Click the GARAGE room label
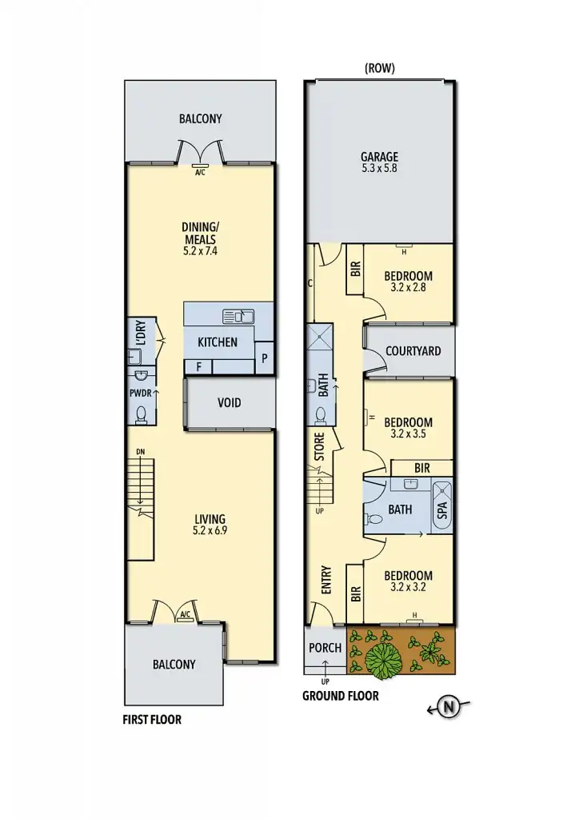point(379,158)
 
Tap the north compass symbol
point(449,706)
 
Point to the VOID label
point(229,402)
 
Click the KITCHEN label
point(218,342)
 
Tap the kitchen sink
point(238,316)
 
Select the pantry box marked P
point(264,359)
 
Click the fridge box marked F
point(198,367)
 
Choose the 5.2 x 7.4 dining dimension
point(199,250)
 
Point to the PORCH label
point(325,648)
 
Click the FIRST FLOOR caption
point(152,720)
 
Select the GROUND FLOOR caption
point(340,696)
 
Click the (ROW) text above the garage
point(379,69)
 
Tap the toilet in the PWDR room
point(142,413)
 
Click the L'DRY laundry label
point(140,333)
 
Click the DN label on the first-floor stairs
point(141,453)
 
